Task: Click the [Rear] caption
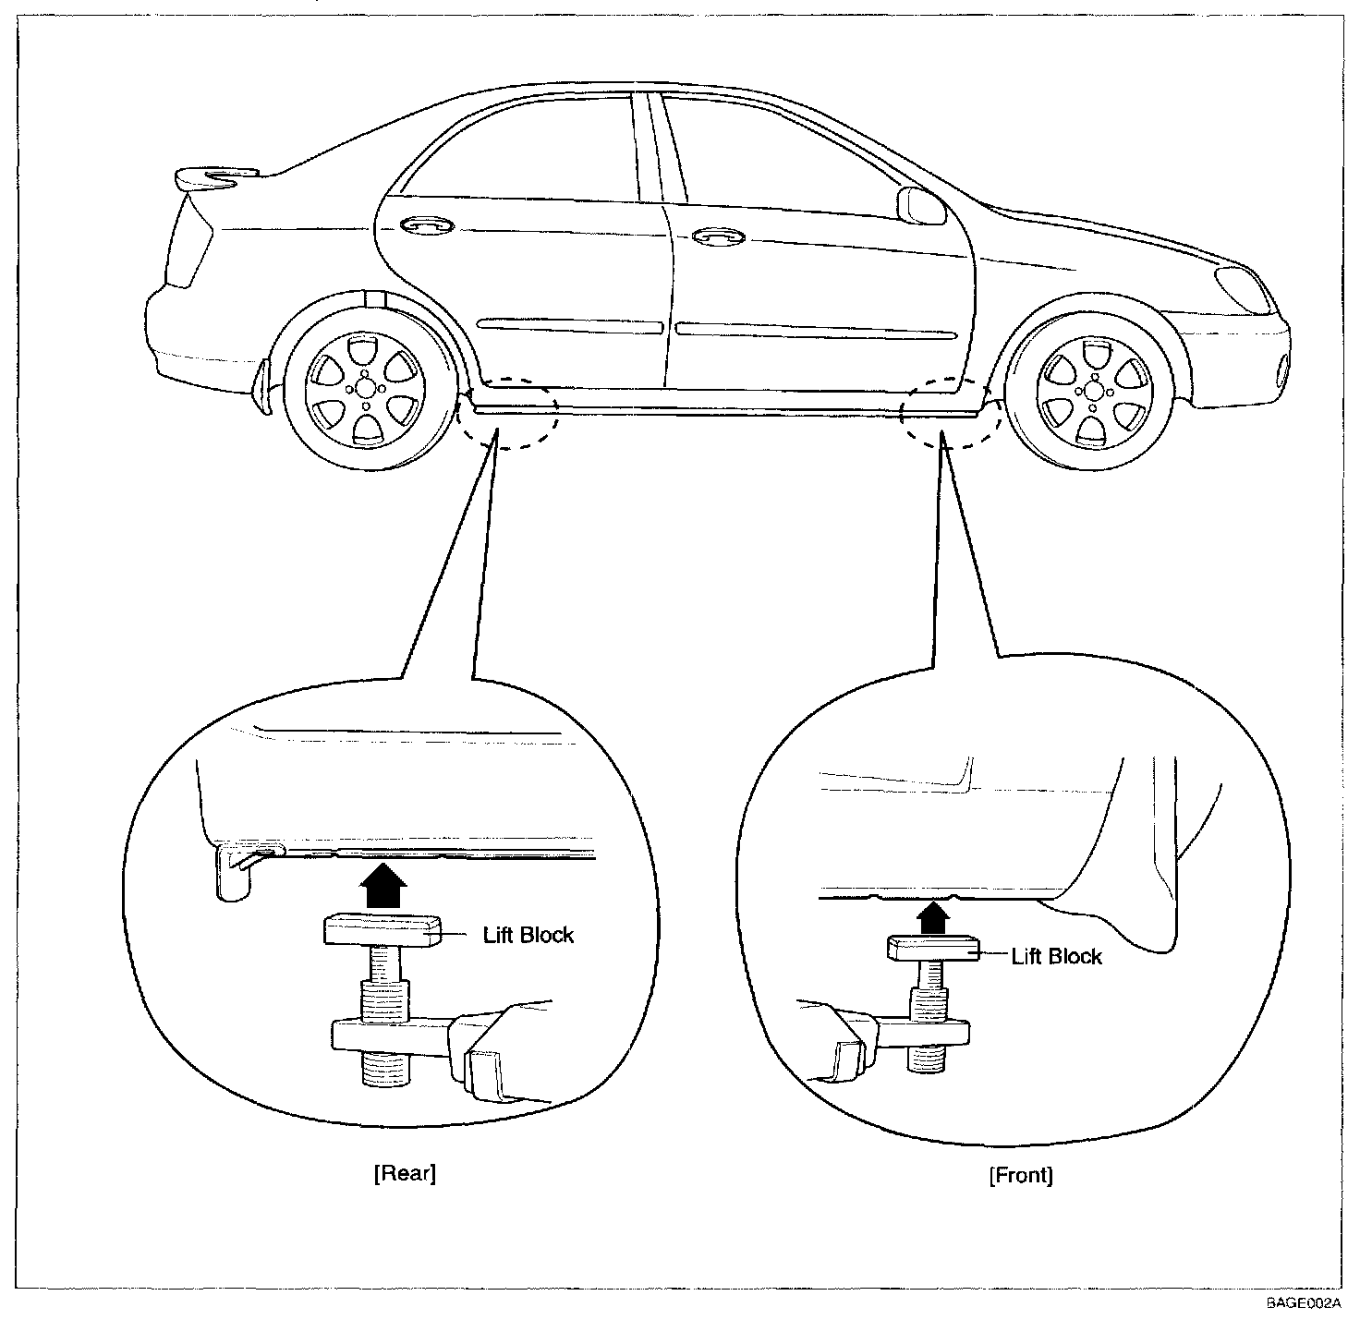click(405, 1172)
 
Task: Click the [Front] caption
click(1021, 1175)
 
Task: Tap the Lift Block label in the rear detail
click(528, 935)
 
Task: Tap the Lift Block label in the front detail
click(1057, 956)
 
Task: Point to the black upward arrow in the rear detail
click(383, 884)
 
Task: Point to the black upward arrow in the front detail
click(933, 917)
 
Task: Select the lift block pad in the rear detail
click(382, 931)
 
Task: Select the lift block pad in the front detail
click(933, 949)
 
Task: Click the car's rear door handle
click(426, 225)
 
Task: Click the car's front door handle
click(719, 236)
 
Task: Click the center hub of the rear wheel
click(366, 388)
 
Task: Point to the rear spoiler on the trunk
click(216, 177)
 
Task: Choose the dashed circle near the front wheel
click(951, 413)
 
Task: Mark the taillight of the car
click(188, 240)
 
